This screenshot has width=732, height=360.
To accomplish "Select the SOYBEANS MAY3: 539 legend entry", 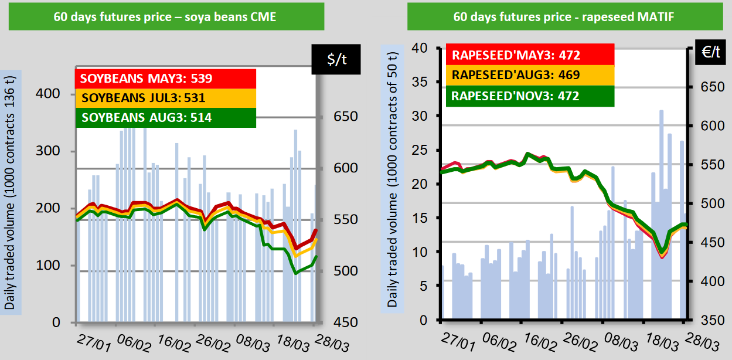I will point(166,78).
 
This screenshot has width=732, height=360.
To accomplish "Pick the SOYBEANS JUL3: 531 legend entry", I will point(166,97).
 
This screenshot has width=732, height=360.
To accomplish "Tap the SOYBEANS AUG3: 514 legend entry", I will point(166,117).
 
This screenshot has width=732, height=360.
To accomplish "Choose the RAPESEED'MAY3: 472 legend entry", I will point(530,55).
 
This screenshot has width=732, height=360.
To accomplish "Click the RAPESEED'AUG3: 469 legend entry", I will point(530,74).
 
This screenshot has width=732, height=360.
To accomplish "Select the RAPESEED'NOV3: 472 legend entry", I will point(530,95).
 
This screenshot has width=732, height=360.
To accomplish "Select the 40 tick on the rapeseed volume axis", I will point(423,48).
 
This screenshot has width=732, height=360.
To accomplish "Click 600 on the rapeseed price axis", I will point(708,126).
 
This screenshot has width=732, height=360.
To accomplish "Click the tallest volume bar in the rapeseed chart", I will point(661,215).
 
